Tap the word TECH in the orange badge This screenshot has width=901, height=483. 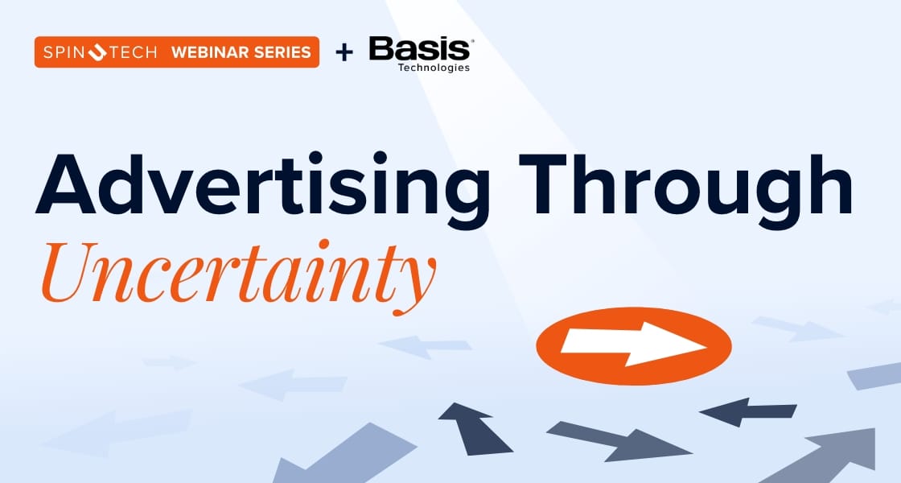[x=132, y=53]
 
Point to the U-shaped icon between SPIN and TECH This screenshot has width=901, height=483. [x=97, y=53]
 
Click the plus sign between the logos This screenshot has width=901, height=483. [x=344, y=53]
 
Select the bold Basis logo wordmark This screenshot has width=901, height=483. [x=419, y=50]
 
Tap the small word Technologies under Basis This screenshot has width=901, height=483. [x=434, y=68]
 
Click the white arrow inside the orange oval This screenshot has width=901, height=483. [x=633, y=345]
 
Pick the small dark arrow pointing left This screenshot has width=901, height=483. [x=747, y=411]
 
